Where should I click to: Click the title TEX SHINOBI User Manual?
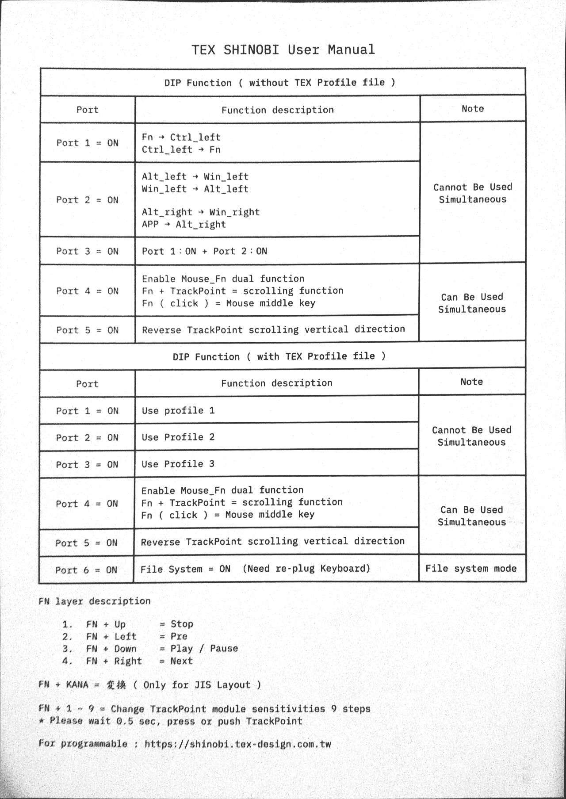(x=283, y=50)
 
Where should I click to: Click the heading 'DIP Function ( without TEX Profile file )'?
(x=279, y=83)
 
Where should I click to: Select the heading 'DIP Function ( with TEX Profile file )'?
(x=279, y=356)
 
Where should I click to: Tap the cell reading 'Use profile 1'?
(x=178, y=410)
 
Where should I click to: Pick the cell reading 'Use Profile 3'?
(x=178, y=464)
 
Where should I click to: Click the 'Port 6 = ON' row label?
(x=86, y=570)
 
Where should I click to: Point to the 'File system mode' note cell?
(x=471, y=569)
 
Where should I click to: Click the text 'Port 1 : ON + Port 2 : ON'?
(x=204, y=251)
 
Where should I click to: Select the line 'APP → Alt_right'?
(x=184, y=224)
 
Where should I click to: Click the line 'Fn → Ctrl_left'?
(x=181, y=137)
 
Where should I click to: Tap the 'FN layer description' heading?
(x=95, y=601)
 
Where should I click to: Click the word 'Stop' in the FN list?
(x=182, y=624)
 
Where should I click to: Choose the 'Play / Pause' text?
(x=204, y=649)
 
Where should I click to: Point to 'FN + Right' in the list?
(x=114, y=661)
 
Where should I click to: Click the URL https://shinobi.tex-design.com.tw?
(x=238, y=744)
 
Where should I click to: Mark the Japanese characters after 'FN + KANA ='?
(x=116, y=685)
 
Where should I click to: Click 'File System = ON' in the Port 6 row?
(x=185, y=569)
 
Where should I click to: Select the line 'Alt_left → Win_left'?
(x=195, y=176)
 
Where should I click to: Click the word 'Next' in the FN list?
(x=181, y=661)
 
